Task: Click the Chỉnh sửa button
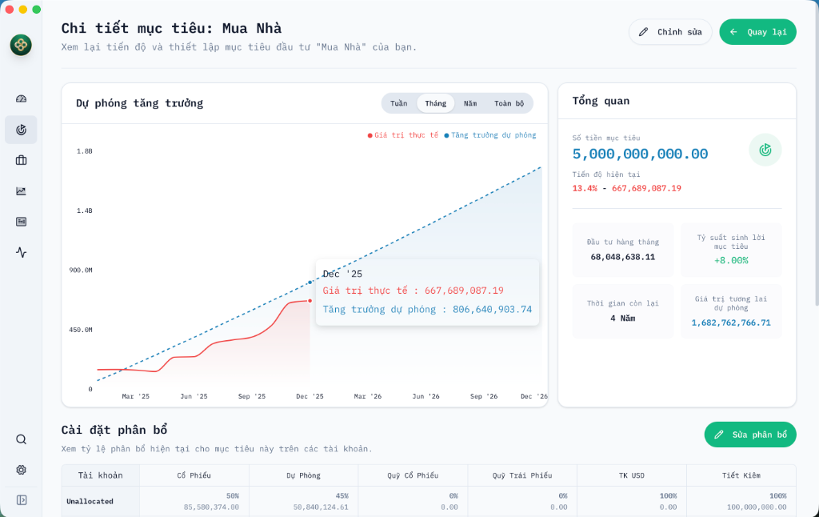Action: click(670, 32)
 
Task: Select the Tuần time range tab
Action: click(398, 103)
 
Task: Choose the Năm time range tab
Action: click(470, 103)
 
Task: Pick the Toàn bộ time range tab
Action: click(509, 103)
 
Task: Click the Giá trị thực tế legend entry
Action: click(403, 135)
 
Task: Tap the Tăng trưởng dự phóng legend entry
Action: click(490, 135)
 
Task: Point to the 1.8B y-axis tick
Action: click(84, 150)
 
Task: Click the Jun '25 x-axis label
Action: click(194, 396)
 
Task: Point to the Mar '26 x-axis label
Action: click(367, 396)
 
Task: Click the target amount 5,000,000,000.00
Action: click(641, 154)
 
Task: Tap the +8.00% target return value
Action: click(731, 260)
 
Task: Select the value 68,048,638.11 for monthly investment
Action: click(623, 257)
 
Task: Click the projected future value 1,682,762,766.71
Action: click(731, 323)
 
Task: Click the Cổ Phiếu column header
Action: click(194, 475)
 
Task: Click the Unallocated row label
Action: click(90, 501)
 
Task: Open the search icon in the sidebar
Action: click(22, 439)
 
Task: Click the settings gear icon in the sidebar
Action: click(22, 470)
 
